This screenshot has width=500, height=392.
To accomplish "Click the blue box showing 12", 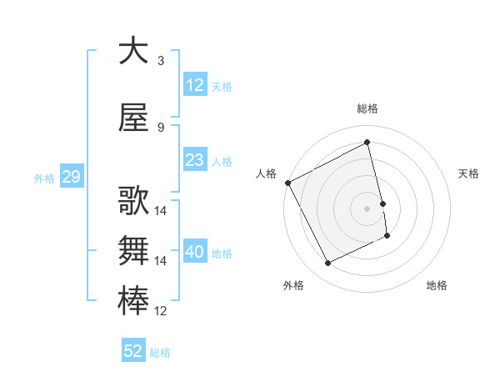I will coord(195,86).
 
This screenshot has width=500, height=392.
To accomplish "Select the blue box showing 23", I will coord(195,161).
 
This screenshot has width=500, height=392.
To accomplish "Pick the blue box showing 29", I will coord(71,178).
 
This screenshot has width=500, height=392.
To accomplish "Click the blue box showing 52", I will coord(133,352).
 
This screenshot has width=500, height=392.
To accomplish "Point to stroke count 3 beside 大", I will coord(161,61).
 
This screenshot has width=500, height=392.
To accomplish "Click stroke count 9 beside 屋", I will coord(161,128).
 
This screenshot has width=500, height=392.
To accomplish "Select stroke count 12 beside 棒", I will coord(161,312).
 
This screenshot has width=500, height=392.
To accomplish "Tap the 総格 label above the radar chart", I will coord(367,108).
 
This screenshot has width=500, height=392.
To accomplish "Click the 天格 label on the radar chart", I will coord(469,173).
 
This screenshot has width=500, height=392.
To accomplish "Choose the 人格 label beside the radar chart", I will coord(267,173).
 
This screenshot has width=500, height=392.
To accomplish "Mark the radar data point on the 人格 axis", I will coord(287,183).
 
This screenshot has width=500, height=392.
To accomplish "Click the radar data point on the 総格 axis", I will coord(367,143).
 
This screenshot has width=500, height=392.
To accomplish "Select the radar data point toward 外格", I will coord(328,264).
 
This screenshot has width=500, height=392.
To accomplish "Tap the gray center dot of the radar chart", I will coord(367,209).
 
